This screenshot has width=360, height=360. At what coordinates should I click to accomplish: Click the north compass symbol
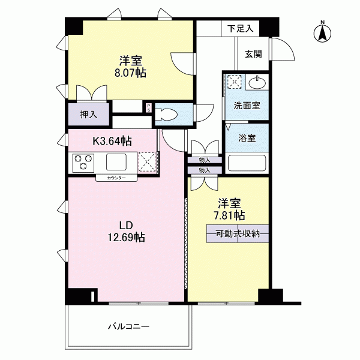(x=322, y=32)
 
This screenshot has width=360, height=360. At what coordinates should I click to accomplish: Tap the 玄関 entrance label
(x=253, y=54)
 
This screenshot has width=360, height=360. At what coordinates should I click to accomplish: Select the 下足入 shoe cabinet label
(x=241, y=28)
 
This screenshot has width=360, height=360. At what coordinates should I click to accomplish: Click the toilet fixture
(x=166, y=114)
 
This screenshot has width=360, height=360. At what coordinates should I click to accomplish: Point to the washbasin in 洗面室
(x=257, y=82)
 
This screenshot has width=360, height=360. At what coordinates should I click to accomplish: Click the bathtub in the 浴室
(x=247, y=163)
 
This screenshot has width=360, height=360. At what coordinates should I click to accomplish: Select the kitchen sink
(x=116, y=162)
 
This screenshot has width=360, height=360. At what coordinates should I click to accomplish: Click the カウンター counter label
(x=116, y=178)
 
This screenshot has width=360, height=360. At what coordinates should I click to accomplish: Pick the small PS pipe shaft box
(x=149, y=107)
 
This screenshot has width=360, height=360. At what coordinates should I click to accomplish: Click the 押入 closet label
(x=89, y=115)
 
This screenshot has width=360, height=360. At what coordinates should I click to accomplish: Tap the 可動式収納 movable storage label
(x=238, y=234)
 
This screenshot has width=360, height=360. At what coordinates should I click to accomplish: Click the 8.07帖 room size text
(x=130, y=73)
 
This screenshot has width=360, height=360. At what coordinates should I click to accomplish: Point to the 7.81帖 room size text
(x=229, y=215)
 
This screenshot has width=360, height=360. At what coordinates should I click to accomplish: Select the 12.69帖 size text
(x=126, y=237)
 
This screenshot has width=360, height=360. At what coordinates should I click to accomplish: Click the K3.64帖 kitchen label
(x=112, y=141)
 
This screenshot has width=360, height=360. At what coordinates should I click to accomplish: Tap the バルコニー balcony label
(x=129, y=326)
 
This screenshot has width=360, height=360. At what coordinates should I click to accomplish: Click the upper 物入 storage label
(x=205, y=160)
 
